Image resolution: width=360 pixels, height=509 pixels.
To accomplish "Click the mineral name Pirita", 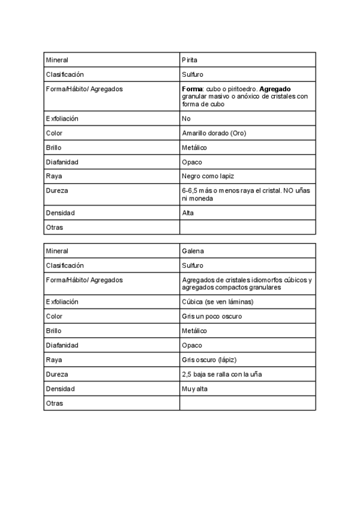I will coord(190,60).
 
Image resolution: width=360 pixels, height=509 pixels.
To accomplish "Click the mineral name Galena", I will coord(192,251).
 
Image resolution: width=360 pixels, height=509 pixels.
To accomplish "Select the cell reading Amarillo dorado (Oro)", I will coord(214,133).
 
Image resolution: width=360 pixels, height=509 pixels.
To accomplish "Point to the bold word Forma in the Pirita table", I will coord(191,89).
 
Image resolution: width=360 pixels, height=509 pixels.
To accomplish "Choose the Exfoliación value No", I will coord(186,118).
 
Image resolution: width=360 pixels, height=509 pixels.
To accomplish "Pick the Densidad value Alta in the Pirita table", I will coord(188,213).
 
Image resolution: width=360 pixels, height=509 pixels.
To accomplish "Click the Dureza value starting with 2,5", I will coord(221,375).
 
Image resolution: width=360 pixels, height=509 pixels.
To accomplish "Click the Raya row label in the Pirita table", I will coord(54,176).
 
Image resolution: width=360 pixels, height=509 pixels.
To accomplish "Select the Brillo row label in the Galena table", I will coord(54,331).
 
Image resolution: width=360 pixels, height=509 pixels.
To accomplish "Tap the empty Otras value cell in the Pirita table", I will coord(247,227).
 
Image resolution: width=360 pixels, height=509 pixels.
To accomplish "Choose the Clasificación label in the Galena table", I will coord(65,265).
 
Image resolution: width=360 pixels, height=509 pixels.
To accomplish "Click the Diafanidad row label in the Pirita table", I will coord(62,162).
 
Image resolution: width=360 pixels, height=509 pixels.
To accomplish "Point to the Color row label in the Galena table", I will coord(54,316).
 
